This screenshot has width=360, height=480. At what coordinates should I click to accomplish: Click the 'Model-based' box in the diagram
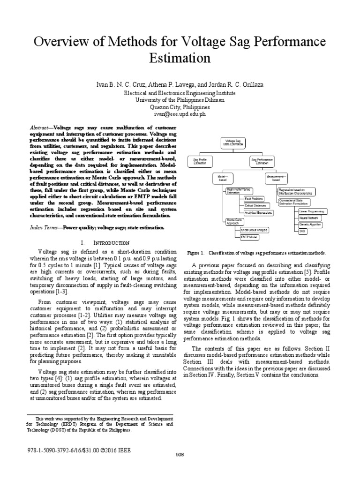click(x=222, y=178)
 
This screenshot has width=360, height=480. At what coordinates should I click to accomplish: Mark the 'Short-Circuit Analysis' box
click(x=254, y=230)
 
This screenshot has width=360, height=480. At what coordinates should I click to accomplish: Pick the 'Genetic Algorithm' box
click(x=310, y=225)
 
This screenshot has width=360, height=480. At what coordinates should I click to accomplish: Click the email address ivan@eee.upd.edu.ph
click(x=180, y=114)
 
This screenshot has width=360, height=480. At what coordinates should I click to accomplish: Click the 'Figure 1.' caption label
click(x=195, y=253)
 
